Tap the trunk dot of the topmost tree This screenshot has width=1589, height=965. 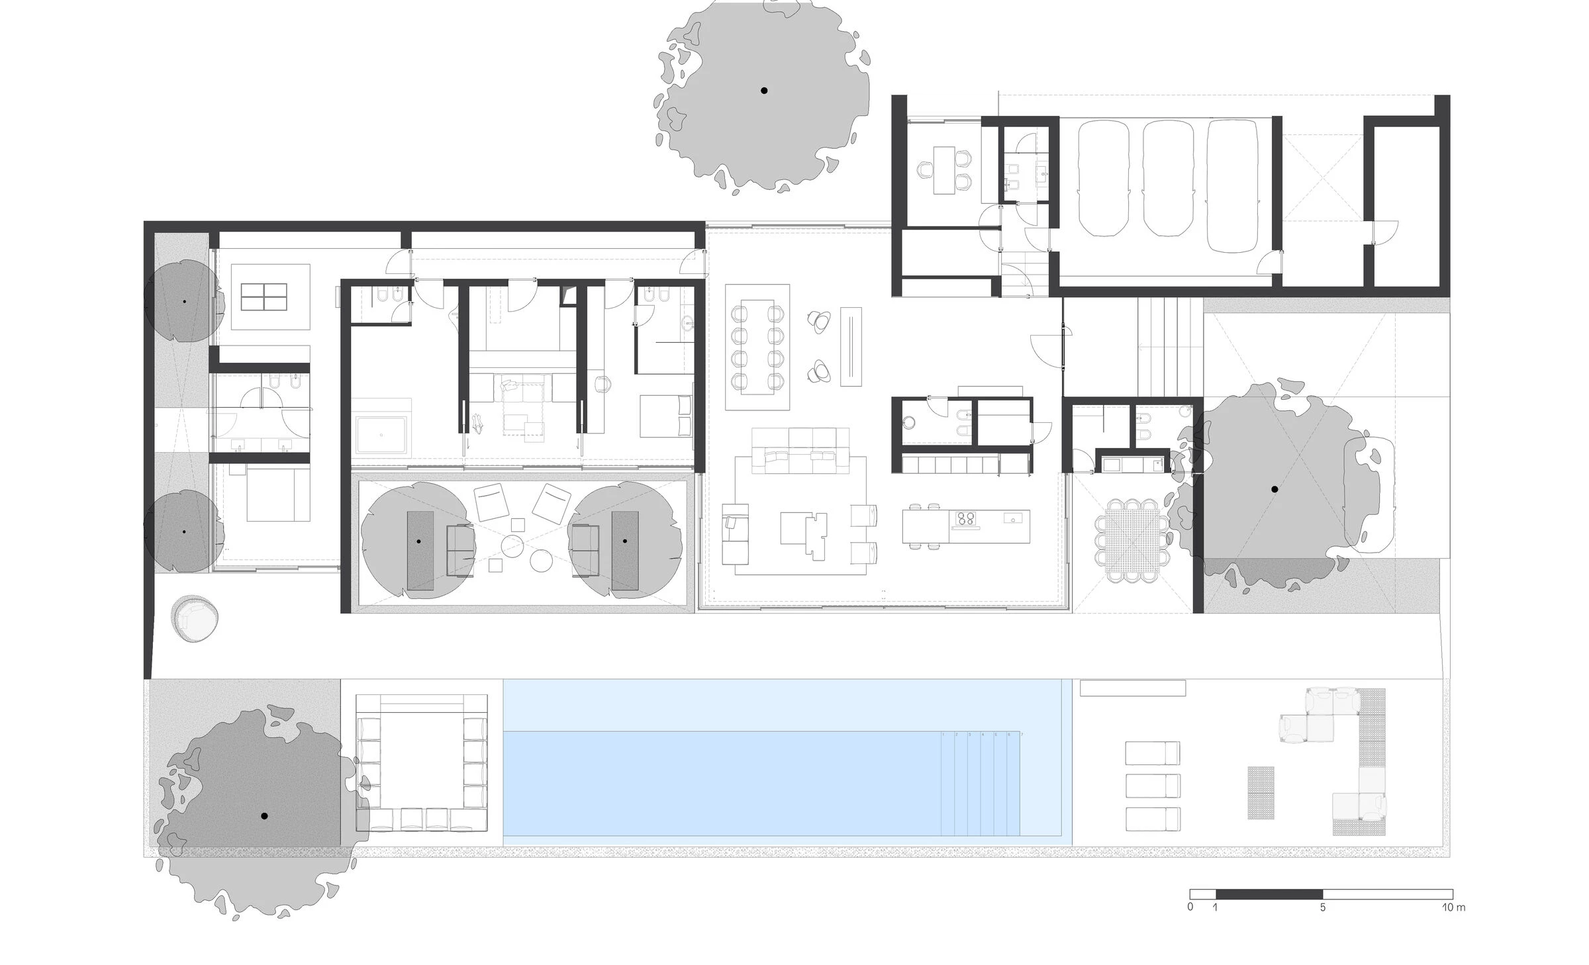(764, 91)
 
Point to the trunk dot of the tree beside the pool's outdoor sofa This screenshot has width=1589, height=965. (264, 816)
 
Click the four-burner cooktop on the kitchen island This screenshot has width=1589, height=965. (966, 518)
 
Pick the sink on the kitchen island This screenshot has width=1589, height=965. (1011, 519)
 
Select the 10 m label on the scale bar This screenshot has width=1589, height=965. (1453, 907)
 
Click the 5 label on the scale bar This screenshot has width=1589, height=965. (1322, 907)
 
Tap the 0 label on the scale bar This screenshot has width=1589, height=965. (1190, 907)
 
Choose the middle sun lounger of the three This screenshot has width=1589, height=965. (1152, 786)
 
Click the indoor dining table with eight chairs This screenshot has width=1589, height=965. (757, 347)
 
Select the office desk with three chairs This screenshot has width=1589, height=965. (944, 170)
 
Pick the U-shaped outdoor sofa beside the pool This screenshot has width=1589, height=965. (421, 762)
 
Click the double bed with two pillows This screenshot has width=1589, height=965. (665, 416)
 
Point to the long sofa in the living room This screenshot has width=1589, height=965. (800, 451)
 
